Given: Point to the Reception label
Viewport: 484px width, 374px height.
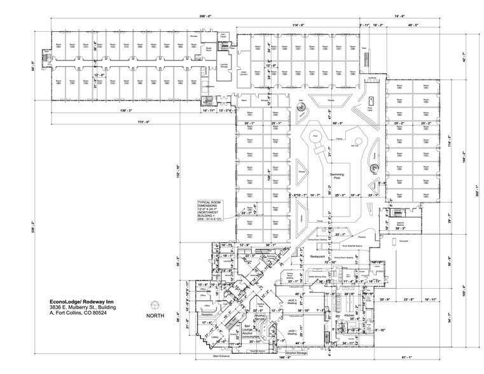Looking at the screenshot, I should click(207, 314).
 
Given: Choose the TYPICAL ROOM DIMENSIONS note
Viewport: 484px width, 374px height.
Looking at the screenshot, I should click(211, 207).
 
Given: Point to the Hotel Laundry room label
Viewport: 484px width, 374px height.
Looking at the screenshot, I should click(242, 73).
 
